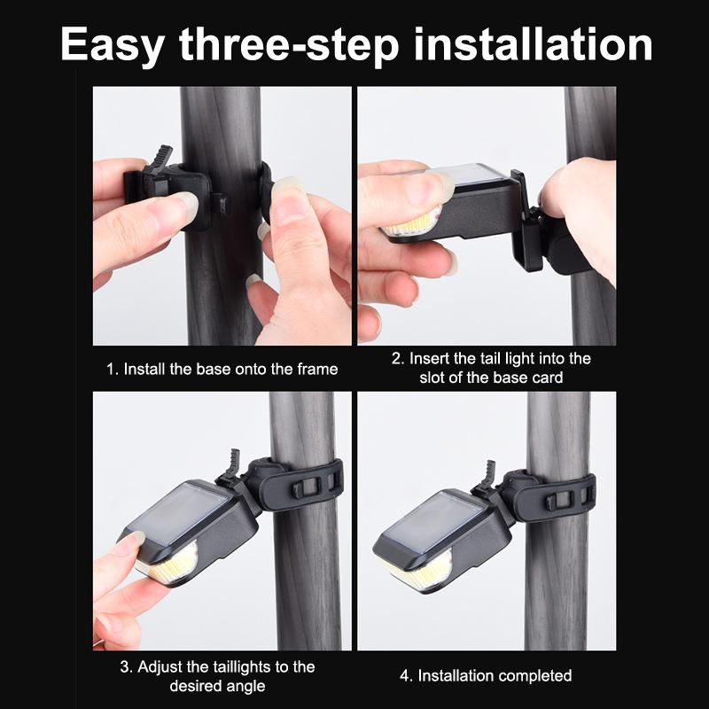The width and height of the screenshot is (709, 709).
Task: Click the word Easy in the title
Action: tap(113, 44)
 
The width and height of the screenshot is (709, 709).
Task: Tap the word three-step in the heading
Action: tap(289, 44)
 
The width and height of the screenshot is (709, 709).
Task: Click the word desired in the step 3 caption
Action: tap(193, 686)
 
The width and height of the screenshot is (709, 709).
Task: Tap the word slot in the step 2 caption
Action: tap(432, 378)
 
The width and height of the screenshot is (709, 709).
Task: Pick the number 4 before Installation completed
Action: tap(406, 675)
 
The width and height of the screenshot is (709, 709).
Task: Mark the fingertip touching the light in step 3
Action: tap(131, 541)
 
